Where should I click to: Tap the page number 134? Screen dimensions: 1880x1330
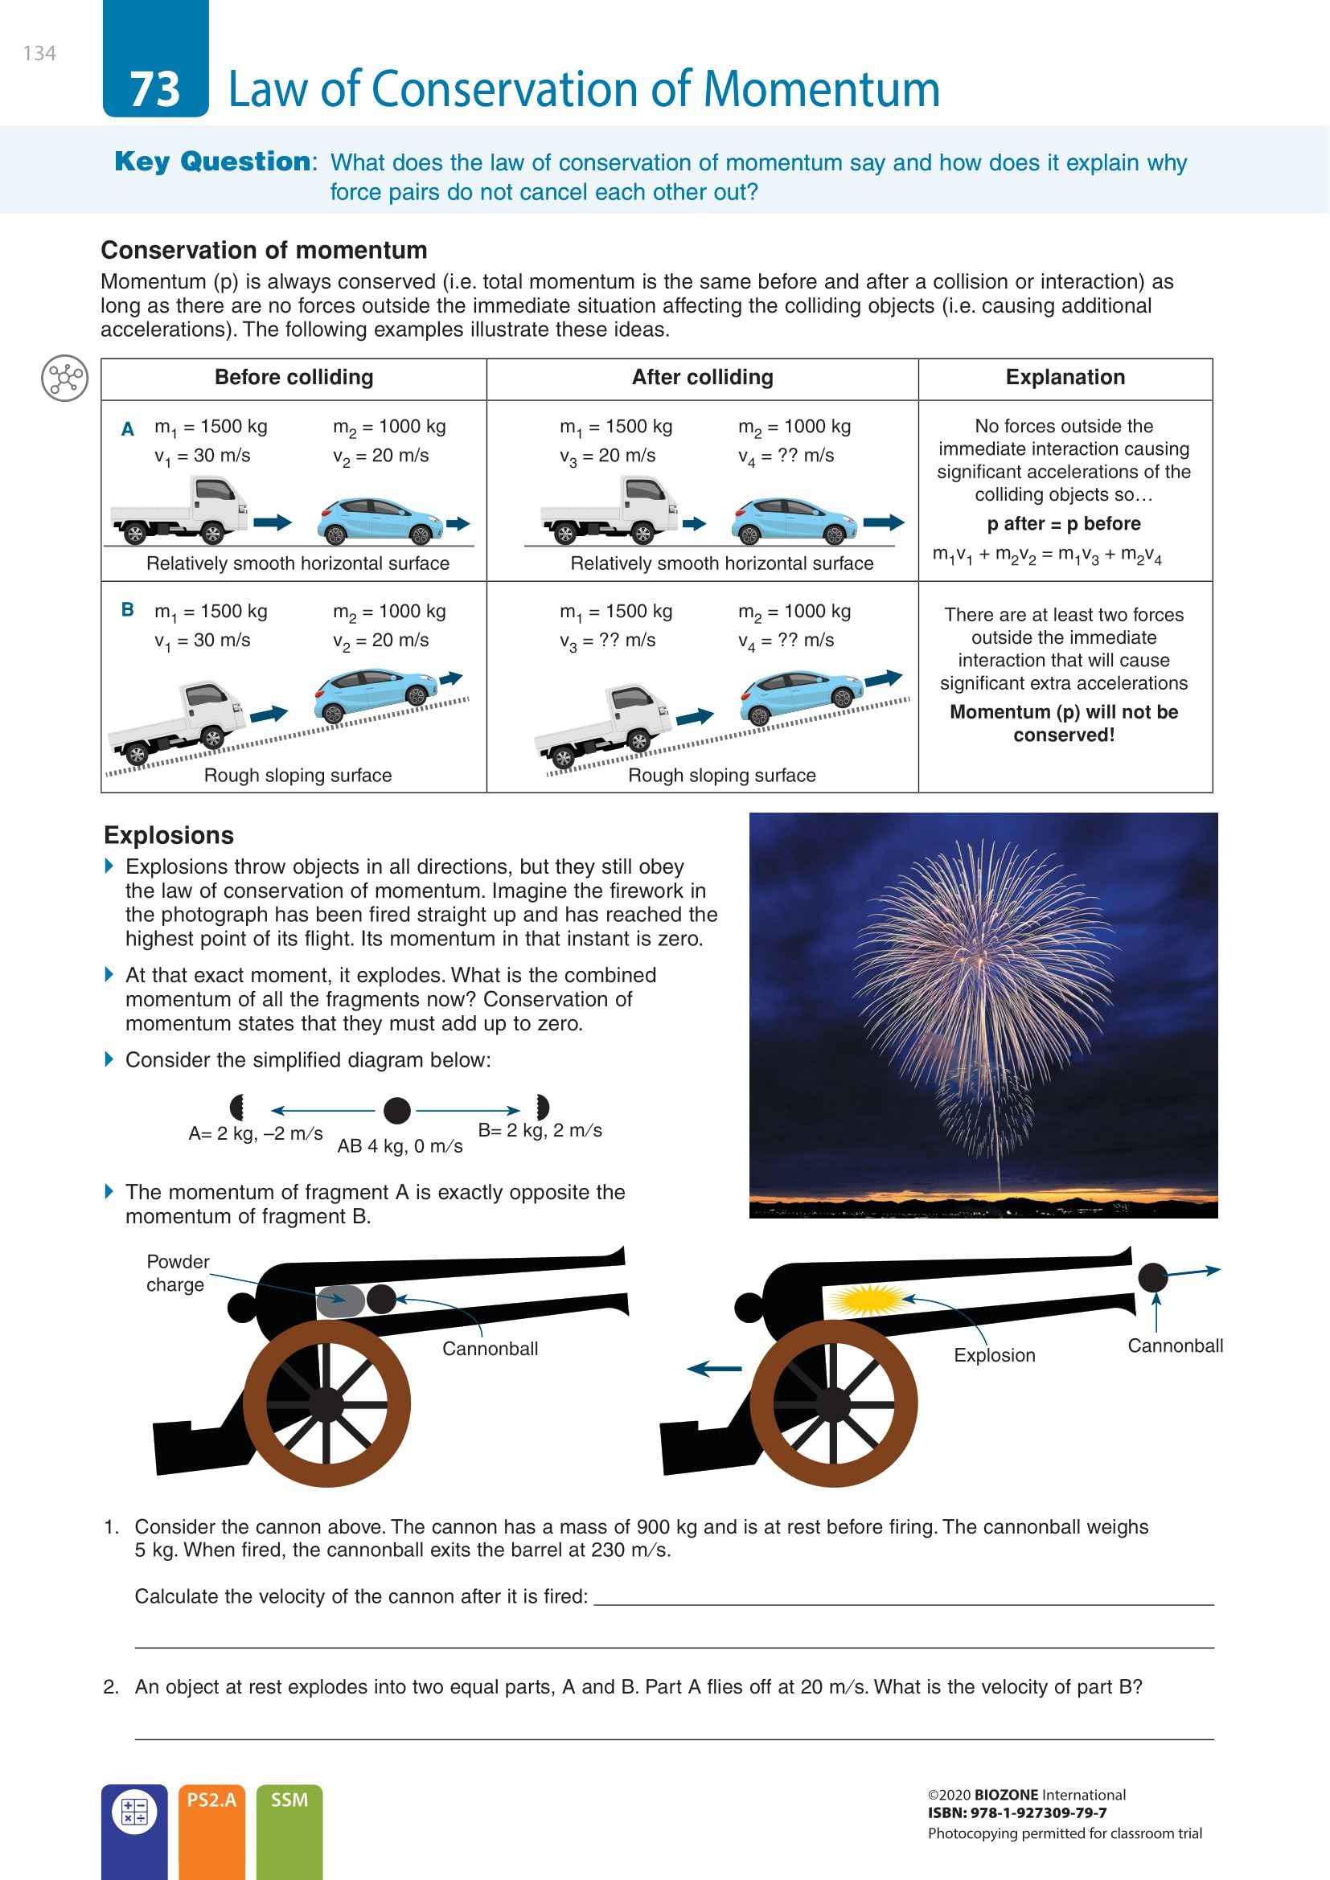39,54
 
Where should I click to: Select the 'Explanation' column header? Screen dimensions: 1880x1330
1065,378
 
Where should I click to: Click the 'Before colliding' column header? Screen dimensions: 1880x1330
294,378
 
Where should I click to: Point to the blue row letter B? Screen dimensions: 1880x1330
128,609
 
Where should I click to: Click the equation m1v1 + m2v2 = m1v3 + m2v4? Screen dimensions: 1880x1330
1047,555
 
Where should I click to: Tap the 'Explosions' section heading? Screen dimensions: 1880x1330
169,835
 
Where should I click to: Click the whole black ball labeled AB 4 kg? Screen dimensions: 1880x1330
397,1110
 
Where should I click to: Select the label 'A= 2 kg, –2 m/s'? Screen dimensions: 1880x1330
256,1133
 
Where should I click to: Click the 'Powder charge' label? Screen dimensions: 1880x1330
177,1272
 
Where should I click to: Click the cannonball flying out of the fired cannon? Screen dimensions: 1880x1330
1152,1276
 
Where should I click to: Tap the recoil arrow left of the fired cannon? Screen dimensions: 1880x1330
714,1368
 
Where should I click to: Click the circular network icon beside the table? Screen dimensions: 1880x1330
64,379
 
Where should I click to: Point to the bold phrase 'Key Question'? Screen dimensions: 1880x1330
212,162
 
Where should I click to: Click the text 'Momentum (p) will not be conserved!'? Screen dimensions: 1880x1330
1064,723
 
